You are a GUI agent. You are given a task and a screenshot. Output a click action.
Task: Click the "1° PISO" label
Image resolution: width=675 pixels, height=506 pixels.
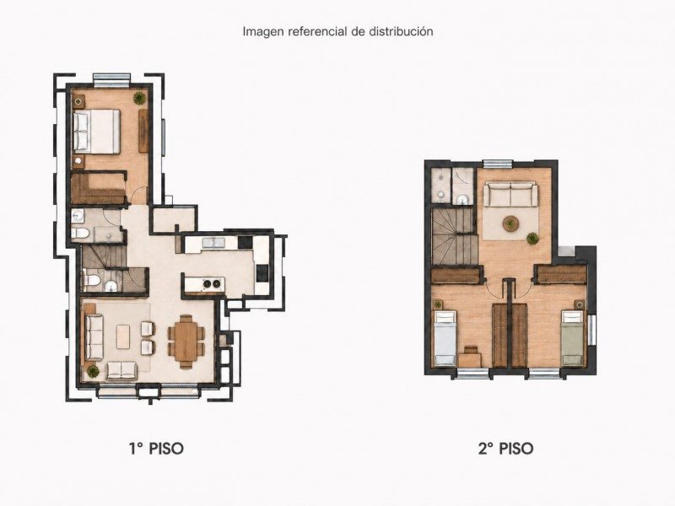[x=156, y=449]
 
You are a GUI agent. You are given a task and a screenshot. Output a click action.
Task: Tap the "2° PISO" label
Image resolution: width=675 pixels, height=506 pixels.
[x=505, y=449]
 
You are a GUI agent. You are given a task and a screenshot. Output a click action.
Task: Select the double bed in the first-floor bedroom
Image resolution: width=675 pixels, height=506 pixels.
[x=96, y=132]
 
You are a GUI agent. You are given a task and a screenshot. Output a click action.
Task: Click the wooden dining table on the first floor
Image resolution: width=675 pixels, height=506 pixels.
[x=186, y=342]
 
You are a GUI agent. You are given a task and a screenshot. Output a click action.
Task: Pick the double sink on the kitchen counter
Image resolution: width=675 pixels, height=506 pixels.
[x=213, y=243]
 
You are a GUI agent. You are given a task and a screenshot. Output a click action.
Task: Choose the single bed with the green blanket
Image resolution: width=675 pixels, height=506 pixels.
[x=573, y=338]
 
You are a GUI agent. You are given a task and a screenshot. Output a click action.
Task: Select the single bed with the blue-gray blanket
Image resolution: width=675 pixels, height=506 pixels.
[x=445, y=338]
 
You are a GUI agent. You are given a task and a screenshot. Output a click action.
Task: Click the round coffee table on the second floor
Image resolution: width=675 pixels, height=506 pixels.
[x=510, y=223]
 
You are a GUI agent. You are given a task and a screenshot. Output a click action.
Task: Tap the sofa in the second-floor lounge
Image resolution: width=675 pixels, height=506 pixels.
[x=510, y=195]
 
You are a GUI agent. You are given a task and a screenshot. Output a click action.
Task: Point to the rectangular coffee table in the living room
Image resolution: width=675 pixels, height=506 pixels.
[x=123, y=336]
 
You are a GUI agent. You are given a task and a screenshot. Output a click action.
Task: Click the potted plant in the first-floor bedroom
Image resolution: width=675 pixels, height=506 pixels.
[x=139, y=98]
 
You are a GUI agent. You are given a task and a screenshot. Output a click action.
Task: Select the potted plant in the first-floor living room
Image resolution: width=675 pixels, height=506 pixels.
[x=92, y=371]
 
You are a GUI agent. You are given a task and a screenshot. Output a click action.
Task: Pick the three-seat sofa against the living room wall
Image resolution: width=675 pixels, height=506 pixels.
[x=94, y=337]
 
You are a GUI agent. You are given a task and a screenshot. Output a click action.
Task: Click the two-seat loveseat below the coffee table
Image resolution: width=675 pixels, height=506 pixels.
[x=121, y=370]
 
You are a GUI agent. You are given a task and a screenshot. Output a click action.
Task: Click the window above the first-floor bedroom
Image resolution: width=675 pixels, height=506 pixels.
[x=112, y=78]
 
